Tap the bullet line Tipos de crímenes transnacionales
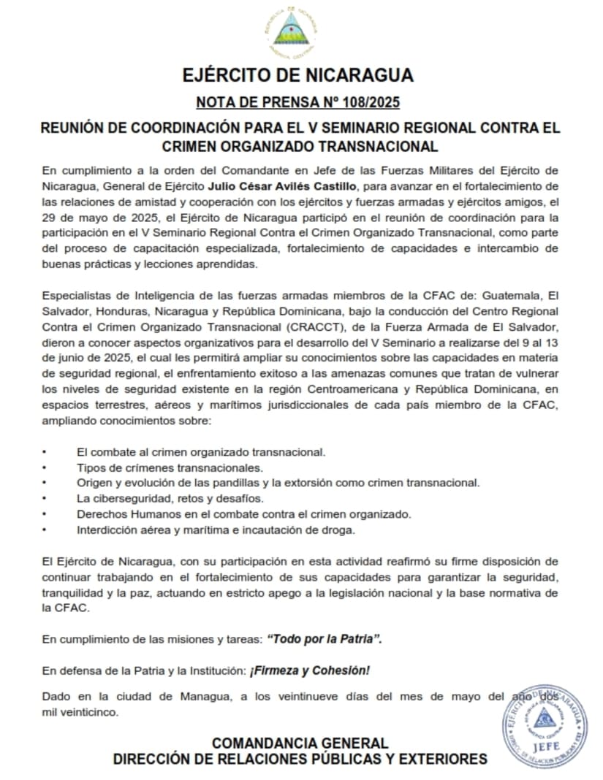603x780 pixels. (170, 467)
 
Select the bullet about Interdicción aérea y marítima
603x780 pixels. (216, 529)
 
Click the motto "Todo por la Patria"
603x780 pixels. (325, 639)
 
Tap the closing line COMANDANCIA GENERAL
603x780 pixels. (300, 743)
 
